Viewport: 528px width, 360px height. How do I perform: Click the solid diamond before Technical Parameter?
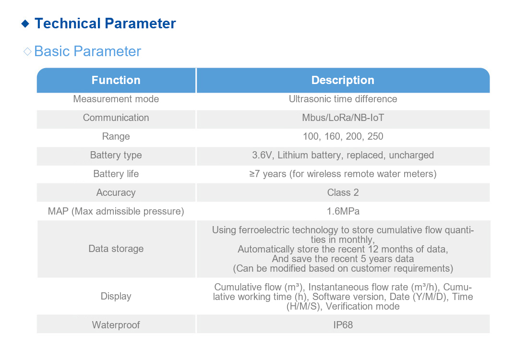pyautogui.click(x=25, y=24)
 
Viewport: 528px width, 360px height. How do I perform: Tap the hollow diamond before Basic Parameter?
pyautogui.click(x=27, y=51)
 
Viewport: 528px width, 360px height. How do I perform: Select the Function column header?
pyautogui.click(x=116, y=80)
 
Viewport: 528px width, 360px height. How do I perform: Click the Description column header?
pyautogui.click(x=343, y=80)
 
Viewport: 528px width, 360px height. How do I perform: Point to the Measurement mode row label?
pyautogui.click(x=116, y=99)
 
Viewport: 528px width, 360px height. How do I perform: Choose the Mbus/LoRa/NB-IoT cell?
pyautogui.click(x=343, y=118)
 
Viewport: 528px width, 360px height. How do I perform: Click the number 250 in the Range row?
pyautogui.click(x=375, y=136)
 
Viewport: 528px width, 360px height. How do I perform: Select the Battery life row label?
pyautogui.click(x=116, y=174)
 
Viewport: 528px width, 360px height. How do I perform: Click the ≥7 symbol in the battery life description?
pyautogui.click(x=254, y=174)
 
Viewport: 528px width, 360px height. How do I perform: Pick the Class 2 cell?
pyautogui.click(x=343, y=192)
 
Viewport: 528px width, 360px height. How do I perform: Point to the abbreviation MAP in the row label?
pyautogui.click(x=58, y=211)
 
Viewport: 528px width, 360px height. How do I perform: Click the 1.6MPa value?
pyautogui.click(x=343, y=211)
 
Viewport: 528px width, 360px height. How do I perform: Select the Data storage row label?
pyautogui.click(x=116, y=249)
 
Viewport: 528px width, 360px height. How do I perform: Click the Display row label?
pyautogui.click(x=116, y=296)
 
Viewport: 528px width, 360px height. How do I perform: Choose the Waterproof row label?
pyautogui.click(x=116, y=325)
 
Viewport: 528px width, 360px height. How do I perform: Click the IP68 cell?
pyautogui.click(x=343, y=325)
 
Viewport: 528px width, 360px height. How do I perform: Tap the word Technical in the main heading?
pyautogui.click(x=68, y=24)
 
